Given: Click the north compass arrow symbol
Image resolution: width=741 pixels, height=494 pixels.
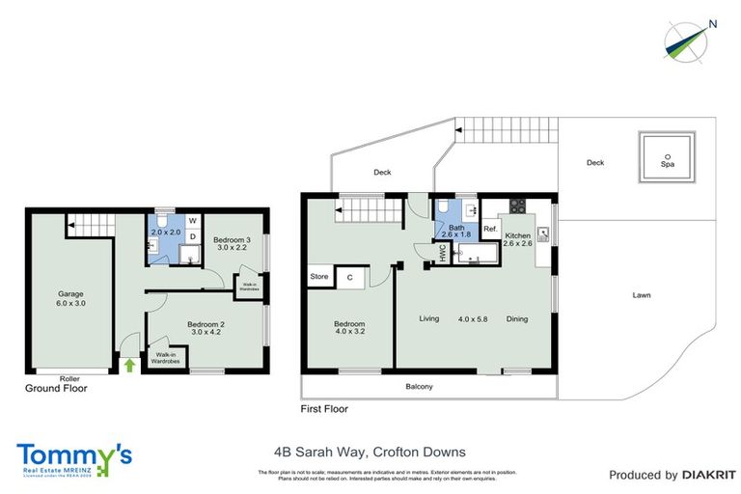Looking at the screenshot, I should [688, 36].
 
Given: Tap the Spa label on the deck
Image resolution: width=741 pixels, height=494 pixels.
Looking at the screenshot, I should [667, 163].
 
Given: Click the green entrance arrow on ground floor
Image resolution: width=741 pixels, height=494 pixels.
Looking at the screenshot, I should [129, 365].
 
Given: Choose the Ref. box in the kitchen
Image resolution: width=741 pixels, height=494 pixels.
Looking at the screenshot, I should [490, 229].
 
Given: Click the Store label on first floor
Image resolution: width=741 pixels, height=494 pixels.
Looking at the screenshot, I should [318, 278].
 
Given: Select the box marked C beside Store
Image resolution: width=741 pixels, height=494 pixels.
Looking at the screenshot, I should [349, 278].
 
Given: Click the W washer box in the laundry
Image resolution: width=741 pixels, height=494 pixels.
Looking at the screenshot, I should [192, 220].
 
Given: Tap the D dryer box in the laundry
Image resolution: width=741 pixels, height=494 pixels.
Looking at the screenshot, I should [192, 235].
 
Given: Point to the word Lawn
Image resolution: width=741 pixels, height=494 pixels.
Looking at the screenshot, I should [640, 295].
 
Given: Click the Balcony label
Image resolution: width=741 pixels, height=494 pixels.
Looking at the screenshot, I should [419, 387].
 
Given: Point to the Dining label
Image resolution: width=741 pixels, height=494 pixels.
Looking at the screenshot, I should [518, 318].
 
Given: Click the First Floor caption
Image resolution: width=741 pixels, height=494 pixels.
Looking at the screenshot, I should [324, 409].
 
